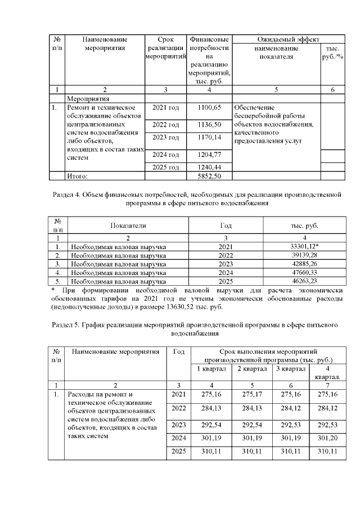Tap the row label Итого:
pyautogui.click(x=78, y=177)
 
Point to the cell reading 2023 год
pyautogui.click(x=166, y=137)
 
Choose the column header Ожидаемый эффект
pyautogui.click(x=288, y=39)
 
